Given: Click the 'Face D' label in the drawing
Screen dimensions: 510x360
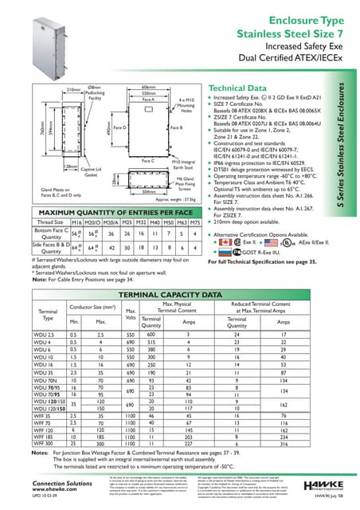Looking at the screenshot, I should click(x=119, y=127).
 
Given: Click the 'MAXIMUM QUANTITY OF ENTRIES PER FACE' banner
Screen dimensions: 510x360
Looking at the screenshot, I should click(x=108, y=213).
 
